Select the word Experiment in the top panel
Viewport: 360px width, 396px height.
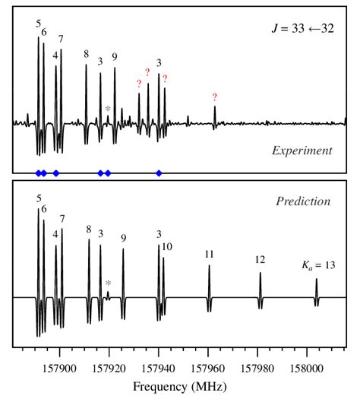(x=302, y=150)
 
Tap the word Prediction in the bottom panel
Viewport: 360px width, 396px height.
(x=303, y=201)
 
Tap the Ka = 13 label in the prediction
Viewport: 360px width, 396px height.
(x=317, y=265)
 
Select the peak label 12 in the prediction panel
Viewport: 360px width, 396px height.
(x=260, y=260)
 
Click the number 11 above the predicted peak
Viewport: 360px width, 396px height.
(x=209, y=254)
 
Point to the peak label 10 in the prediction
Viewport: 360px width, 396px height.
(x=167, y=246)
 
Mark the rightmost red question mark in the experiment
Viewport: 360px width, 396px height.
(x=215, y=97)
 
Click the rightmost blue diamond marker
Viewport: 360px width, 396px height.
(x=159, y=173)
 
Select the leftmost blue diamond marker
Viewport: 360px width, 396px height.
(x=39, y=173)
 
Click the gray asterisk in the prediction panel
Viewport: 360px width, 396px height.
(x=108, y=284)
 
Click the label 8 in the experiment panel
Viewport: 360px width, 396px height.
(x=86, y=55)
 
